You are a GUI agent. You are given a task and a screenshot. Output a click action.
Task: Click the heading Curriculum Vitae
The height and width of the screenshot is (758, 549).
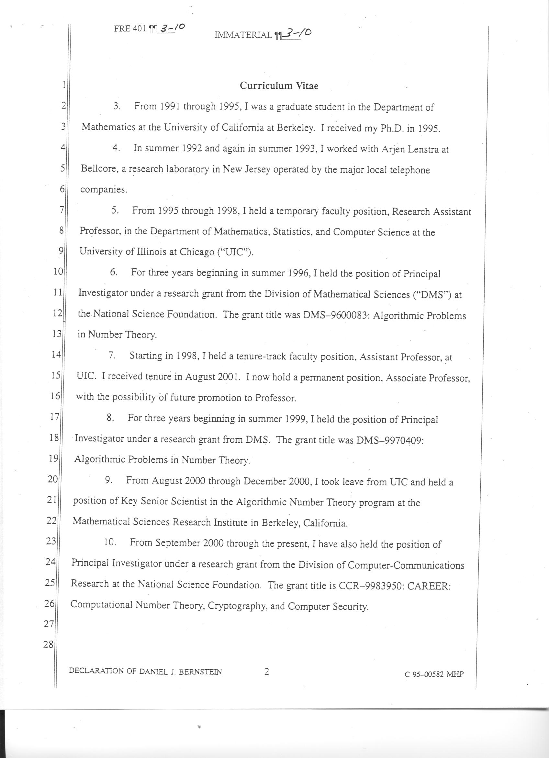pyautogui.click(x=279, y=86)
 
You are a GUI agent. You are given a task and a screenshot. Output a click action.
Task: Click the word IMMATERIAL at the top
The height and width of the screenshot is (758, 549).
pyautogui.click(x=243, y=35)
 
